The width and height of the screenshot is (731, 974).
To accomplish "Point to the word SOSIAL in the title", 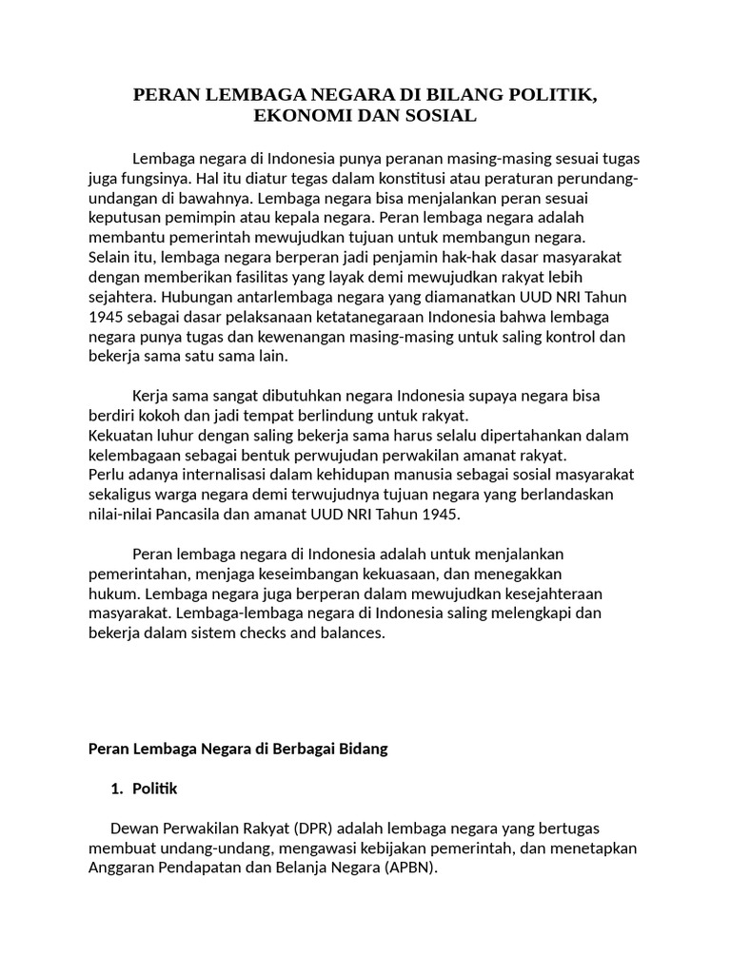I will tap(439, 116).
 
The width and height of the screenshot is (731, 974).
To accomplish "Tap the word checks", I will tap(286, 633).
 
